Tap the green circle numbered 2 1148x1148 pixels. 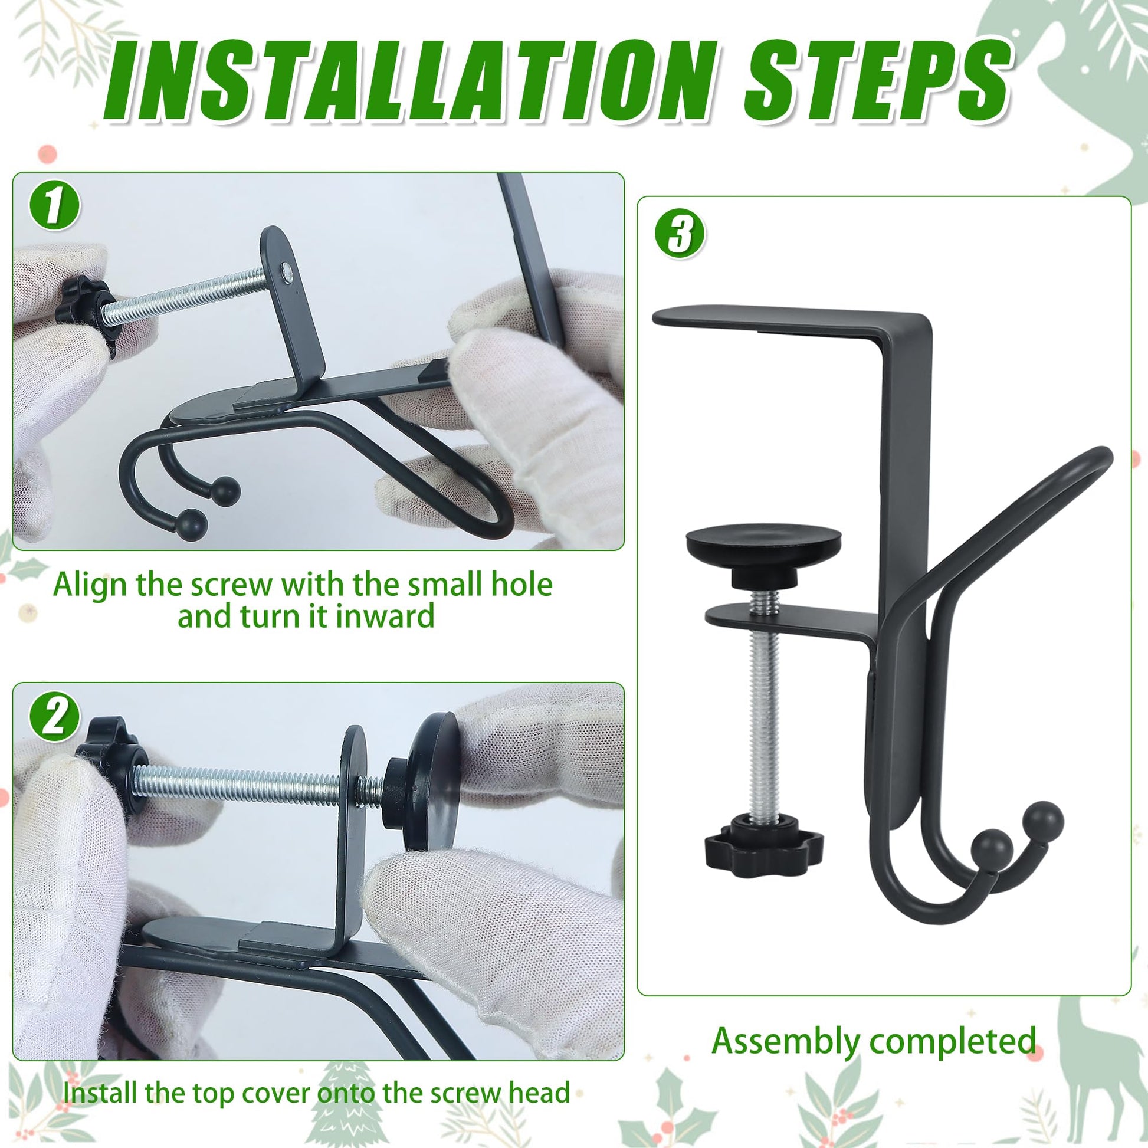tap(54, 717)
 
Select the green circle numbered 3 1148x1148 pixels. tap(680, 234)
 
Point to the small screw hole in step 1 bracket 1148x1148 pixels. tap(288, 271)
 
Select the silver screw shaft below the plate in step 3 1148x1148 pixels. tap(763, 727)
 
